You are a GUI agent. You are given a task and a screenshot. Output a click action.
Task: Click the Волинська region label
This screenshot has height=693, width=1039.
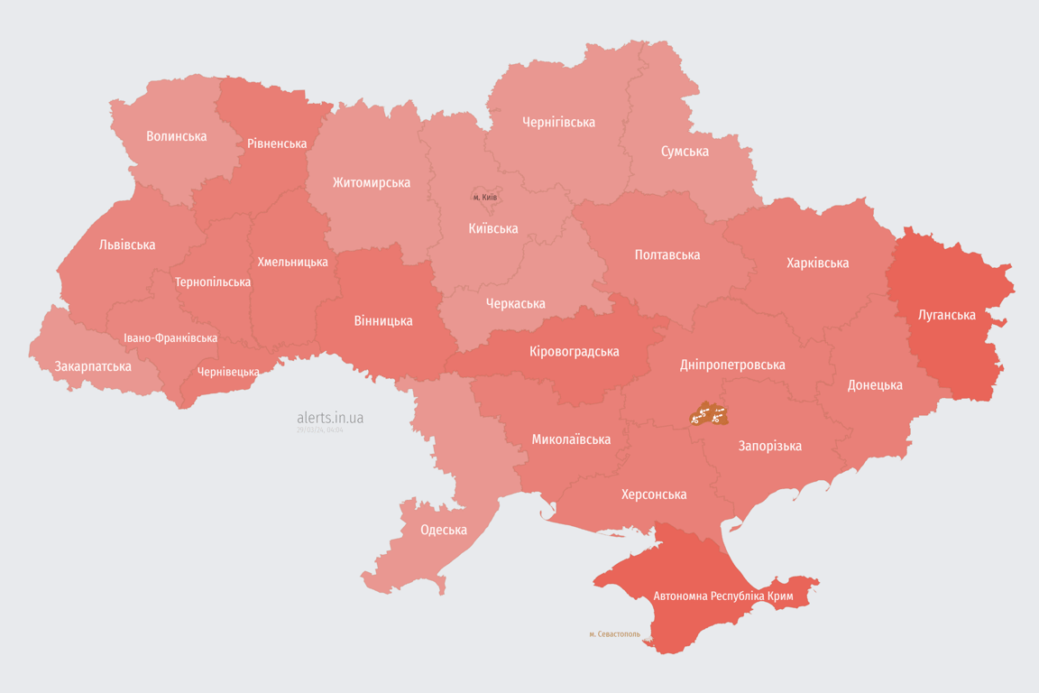click(177, 136)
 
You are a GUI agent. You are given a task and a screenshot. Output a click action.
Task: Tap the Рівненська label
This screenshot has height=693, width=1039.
click(277, 143)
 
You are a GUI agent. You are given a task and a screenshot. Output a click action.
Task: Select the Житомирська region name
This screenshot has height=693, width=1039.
click(371, 182)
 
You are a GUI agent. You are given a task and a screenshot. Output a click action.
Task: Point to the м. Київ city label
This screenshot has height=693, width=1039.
click(485, 197)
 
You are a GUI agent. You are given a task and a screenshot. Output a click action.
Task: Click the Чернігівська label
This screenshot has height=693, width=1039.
click(558, 122)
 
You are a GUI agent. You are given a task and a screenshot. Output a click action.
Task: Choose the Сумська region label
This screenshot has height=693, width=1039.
click(685, 151)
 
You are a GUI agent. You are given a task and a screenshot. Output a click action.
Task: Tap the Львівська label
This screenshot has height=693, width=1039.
click(127, 245)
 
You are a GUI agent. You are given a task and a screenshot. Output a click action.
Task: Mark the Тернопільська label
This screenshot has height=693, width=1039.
click(213, 282)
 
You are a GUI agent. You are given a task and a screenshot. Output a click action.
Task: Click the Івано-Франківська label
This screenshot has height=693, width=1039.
click(170, 338)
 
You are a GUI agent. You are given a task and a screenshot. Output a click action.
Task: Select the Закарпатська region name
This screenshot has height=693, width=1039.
click(93, 366)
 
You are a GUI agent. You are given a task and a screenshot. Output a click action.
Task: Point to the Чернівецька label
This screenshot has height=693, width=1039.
click(229, 372)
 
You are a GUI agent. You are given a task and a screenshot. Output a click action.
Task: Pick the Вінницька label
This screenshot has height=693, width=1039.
click(383, 320)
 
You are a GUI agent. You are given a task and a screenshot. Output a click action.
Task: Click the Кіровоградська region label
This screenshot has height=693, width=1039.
click(575, 351)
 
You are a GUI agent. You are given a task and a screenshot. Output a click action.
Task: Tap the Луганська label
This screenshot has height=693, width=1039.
click(947, 315)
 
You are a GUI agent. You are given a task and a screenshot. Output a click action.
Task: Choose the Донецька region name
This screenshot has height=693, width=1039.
click(875, 385)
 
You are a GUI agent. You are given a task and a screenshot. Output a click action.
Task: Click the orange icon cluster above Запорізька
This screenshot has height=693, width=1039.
click(708, 415)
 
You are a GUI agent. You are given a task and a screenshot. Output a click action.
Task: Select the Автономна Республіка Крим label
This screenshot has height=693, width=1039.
click(722, 596)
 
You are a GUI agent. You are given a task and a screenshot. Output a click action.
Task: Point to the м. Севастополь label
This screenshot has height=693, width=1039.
click(614, 634)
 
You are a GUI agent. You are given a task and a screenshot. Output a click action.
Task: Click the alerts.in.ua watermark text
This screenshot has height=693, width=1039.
click(330, 418)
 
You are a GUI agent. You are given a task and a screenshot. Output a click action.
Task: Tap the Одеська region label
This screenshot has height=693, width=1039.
click(444, 530)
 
